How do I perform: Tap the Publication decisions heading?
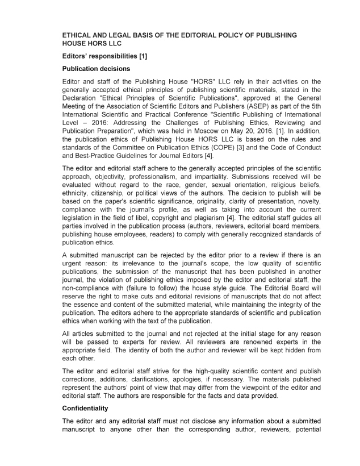tap(97, 69)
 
